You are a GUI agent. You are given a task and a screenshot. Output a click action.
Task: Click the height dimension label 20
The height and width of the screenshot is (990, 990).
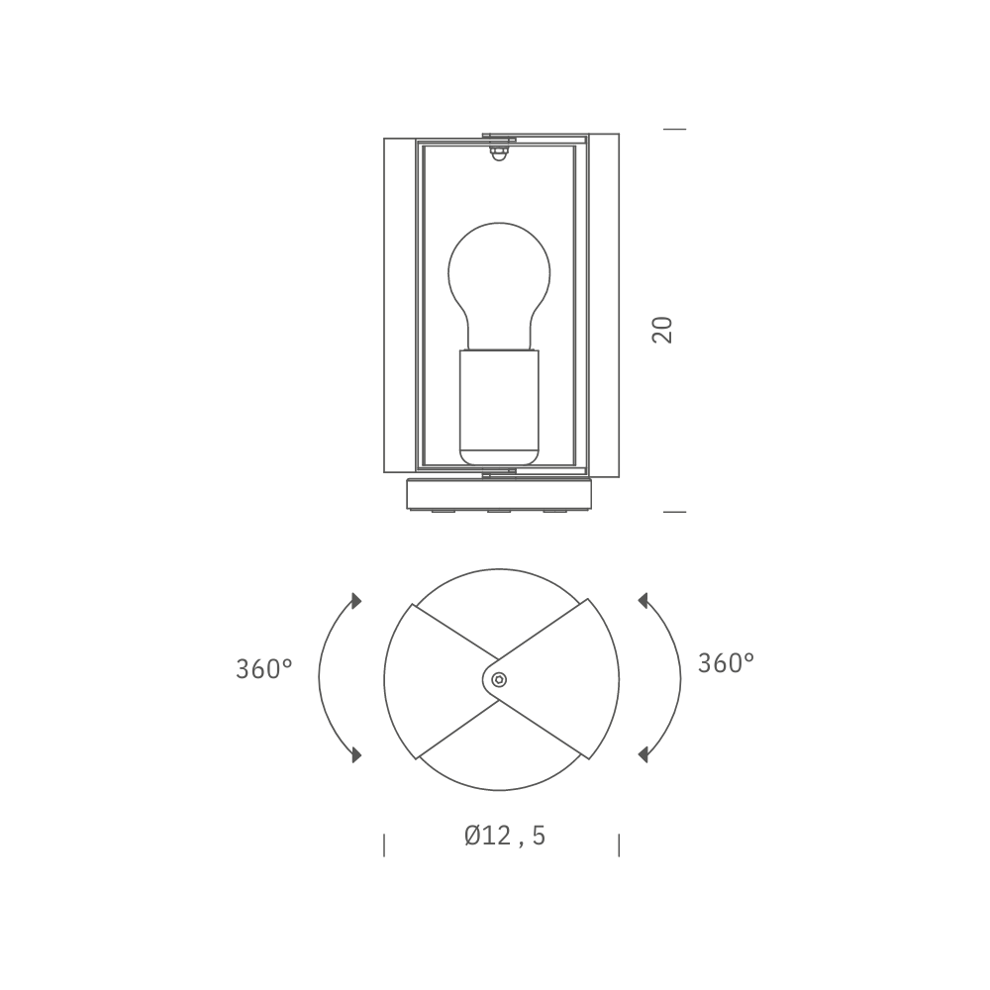[662, 330]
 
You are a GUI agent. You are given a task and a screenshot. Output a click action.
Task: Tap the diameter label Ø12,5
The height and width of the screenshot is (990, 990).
[505, 836]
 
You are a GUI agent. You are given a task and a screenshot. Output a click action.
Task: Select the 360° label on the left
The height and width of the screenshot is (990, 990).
[264, 669]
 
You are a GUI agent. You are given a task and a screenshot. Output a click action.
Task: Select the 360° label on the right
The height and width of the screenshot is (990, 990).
[726, 663]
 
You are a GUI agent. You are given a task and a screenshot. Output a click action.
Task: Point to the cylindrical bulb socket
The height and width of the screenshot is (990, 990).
[499, 408]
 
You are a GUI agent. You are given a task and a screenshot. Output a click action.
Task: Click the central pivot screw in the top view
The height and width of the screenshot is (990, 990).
[499, 679]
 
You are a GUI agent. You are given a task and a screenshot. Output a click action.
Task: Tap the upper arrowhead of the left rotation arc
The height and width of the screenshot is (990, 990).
[356, 601]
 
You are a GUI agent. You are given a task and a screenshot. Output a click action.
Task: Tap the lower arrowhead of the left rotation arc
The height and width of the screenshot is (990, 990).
[356, 753]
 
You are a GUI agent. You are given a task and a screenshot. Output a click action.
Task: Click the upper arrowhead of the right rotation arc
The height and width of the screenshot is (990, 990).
[643, 601]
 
